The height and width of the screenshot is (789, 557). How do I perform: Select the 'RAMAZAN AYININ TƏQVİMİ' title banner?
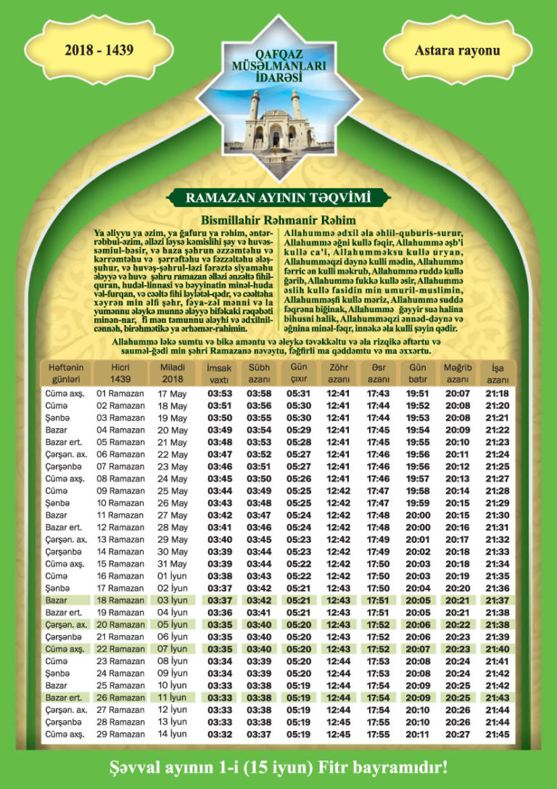pyautogui.click(x=278, y=197)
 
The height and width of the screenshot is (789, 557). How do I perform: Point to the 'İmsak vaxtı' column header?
pyautogui.click(x=219, y=373)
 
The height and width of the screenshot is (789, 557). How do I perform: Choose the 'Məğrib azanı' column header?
pyautogui.click(x=457, y=373)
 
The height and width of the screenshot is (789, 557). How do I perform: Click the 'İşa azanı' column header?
pyautogui.click(x=498, y=373)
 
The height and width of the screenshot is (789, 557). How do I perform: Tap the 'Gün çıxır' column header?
pyautogui.click(x=299, y=373)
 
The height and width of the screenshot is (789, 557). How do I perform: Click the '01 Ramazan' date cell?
pyautogui.click(x=120, y=393)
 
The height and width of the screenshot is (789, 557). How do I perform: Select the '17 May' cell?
pyautogui.click(x=172, y=393)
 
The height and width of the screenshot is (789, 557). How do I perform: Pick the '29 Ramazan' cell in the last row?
pyautogui.click(x=120, y=735)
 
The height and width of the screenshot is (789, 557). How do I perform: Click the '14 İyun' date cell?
pyautogui.click(x=172, y=735)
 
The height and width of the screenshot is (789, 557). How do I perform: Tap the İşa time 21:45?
pyautogui.click(x=498, y=735)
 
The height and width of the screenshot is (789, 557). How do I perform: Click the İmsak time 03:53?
pyautogui.click(x=219, y=393)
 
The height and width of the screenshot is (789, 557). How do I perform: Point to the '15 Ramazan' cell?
pyautogui.click(x=120, y=564)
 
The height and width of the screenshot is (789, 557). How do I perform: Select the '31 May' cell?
pyautogui.click(x=172, y=564)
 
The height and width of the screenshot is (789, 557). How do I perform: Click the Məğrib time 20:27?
pyautogui.click(x=457, y=735)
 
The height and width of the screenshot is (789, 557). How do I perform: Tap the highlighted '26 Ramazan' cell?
pyautogui.click(x=120, y=698)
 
